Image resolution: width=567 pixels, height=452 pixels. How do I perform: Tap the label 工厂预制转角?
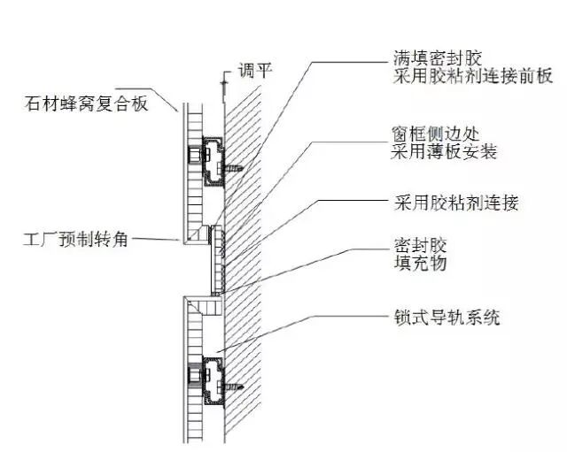click(x=77, y=238)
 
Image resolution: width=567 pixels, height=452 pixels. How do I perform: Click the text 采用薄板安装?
click(x=443, y=152)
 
